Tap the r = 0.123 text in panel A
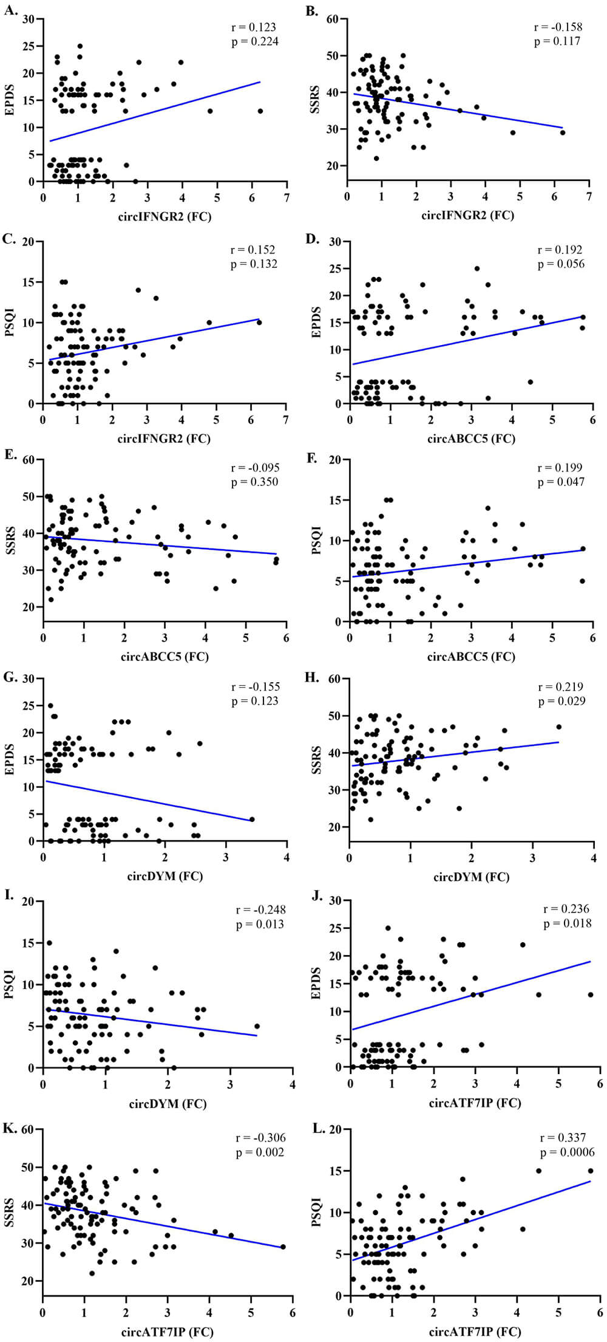pyautogui.click(x=253, y=27)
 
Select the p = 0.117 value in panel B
pyautogui.click(x=557, y=42)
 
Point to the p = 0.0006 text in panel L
pyautogui.click(x=567, y=1152)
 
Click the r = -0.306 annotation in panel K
pyautogui.click(x=260, y=1138)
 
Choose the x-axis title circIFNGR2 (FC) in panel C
pyautogui.click(x=164, y=438)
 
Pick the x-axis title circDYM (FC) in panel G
pyautogui.click(x=164, y=876)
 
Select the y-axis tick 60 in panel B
pyautogui.click(x=332, y=19)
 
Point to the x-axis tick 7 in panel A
pyautogui.click(x=287, y=197)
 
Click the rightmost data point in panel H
pyautogui.click(x=558, y=727)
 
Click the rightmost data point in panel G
pyautogui.click(x=252, y=820)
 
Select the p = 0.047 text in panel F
pyautogui.click(x=561, y=482)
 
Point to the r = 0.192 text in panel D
pyautogui.click(x=560, y=250)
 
